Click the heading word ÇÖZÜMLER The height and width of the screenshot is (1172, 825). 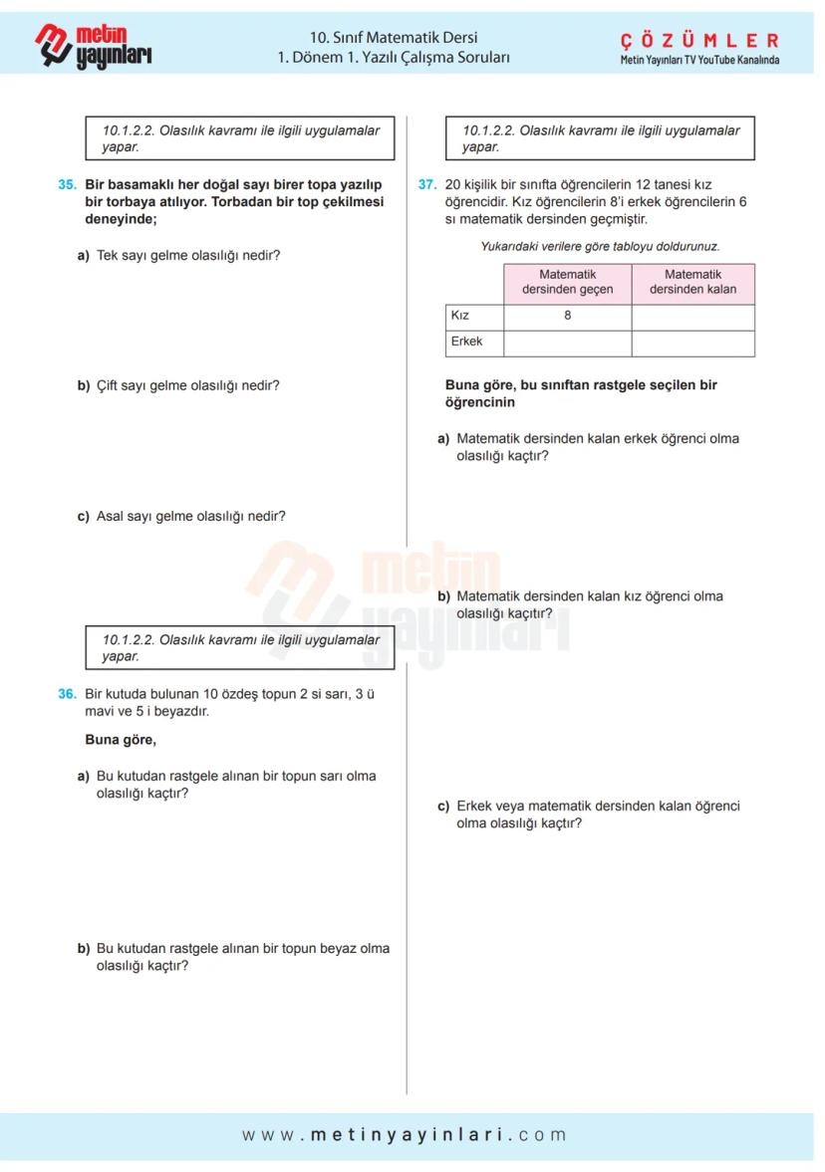(x=699, y=41)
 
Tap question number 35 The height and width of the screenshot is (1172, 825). (x=67, y=185)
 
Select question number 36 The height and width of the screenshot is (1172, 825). (x=67, y=695)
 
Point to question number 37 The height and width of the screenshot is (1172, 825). (x=426, y=185)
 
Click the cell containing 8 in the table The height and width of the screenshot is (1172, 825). (x=567, y=316)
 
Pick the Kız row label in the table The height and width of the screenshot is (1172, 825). (x=460, y=316)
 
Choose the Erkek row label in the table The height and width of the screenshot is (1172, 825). (x=466, y=342)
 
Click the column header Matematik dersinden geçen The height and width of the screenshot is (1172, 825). (x=567, y=282)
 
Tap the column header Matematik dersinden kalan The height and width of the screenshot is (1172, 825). (x=692, y=282)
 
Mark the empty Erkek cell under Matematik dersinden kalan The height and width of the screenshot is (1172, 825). (x=692, y=343)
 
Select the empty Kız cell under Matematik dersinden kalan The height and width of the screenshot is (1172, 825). (x=692, y=317)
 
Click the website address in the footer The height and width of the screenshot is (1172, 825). (x=405, y=1134)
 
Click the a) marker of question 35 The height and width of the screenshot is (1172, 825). (x=84, y=256)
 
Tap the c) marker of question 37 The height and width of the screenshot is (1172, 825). (x=443, y=807)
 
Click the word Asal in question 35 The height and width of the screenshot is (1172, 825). (x=111, y=517)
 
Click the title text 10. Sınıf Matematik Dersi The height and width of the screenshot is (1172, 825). (x=394, y=39)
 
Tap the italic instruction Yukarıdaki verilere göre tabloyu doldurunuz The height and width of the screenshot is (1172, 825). (x=600, y=246)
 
